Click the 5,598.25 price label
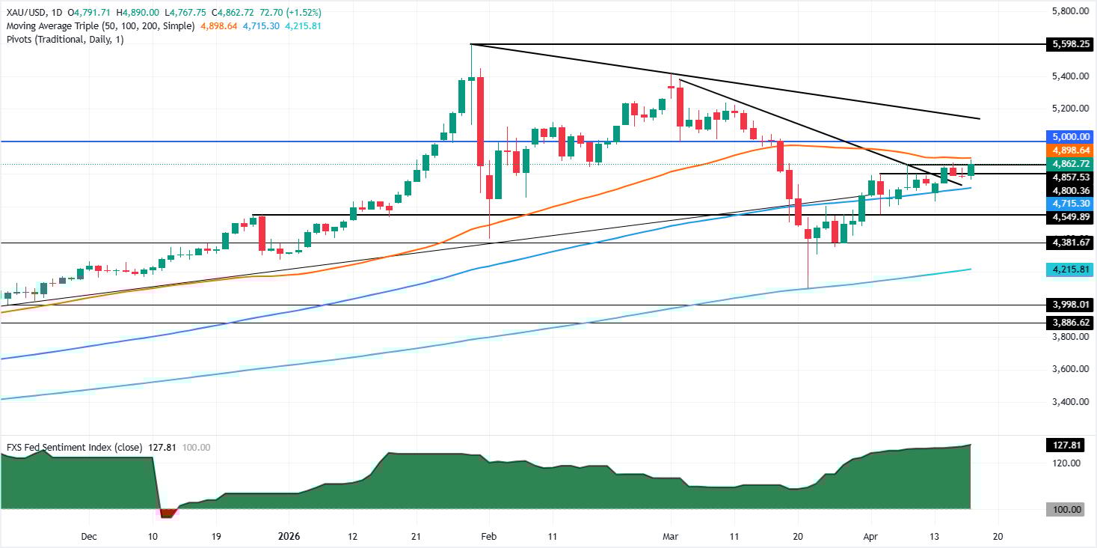(1064, 45)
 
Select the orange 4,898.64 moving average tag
(1064, 150)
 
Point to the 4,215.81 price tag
(1064, 269)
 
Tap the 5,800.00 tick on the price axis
(1064, 12)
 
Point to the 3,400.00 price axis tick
(1064, 402)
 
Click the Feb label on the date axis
(488, 537)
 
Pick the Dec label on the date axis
(88, 537)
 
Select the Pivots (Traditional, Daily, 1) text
(65, 39)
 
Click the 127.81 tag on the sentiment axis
(1064, 445)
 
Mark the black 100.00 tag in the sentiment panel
(1064, 510)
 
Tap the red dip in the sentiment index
(168, 513)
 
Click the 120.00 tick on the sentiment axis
(1064, 463)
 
